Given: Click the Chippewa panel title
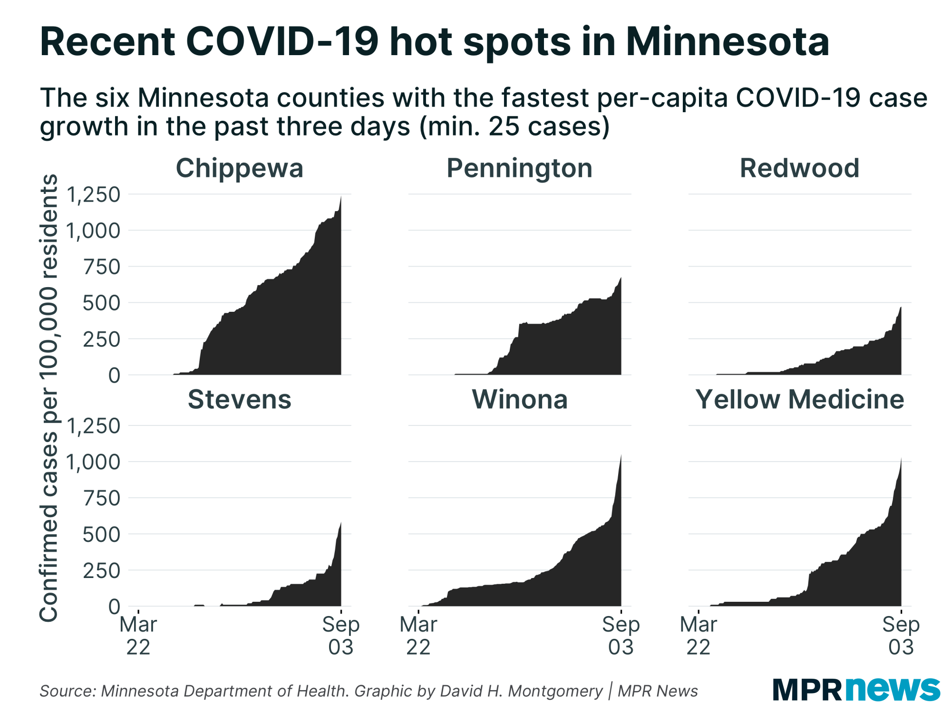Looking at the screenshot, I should [x=239, y=168].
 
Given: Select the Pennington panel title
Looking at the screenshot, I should [x=519, y=168].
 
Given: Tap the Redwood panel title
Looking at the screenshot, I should [x=799, y=168].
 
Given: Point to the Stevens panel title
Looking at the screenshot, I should [x=239, y=399].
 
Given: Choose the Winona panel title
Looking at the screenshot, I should [x=519, y=399].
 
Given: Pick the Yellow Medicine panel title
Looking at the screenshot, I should [x=799, y=399].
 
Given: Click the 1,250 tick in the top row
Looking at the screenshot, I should [x=93, y=194].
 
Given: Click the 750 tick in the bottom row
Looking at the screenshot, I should [x=101, y=498].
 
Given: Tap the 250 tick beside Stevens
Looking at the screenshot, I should [x=101, y=570].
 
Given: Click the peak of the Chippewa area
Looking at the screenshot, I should [x=340, y=197].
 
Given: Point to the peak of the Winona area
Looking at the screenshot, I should [x=621, y=455].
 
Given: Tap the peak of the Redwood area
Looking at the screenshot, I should [x=901, y=308].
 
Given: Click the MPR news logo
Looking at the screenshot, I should [x=856, y=689].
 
